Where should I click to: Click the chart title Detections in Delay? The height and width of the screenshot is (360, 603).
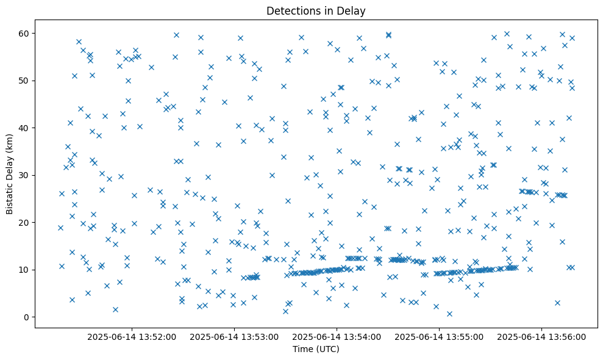(x=316, y=11)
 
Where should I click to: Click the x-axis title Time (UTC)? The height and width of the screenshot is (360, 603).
(x=316, y=350)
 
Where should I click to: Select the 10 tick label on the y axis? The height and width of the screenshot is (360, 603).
(x=25, y=270)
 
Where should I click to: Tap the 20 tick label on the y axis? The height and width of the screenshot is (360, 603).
(x=25, y=223)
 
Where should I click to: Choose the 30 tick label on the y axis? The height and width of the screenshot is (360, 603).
(x=25, y=175)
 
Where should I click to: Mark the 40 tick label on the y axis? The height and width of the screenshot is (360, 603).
(x=25, y=128)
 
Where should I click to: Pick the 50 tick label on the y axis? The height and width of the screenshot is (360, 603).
(x=25, y=81)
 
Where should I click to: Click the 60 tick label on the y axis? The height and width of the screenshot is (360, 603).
(x=25, y=33)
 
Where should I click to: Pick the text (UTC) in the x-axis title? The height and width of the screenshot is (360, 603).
(x=327, y=350)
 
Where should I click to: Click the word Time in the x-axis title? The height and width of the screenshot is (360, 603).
(x=302, y=350)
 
